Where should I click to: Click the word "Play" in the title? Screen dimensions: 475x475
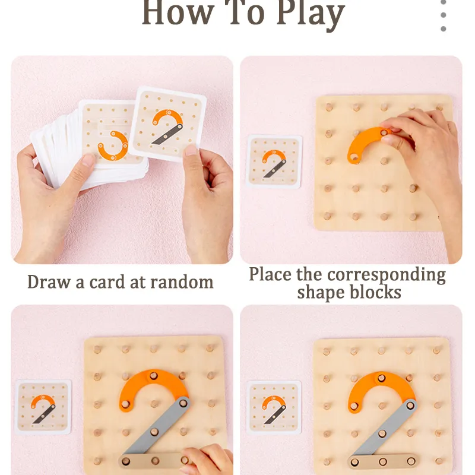311,14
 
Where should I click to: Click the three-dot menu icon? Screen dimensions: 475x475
443,15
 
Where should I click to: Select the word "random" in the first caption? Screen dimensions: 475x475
182,283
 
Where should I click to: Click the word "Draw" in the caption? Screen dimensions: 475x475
49,281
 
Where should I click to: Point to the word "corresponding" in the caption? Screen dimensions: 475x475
387,275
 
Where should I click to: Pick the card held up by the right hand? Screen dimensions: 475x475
167,124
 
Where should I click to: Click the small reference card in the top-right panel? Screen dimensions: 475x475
274,161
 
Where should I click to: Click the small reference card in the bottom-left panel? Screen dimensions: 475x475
43,407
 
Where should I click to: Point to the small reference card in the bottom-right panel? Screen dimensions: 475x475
274,408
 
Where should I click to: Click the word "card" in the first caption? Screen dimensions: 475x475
107,282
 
